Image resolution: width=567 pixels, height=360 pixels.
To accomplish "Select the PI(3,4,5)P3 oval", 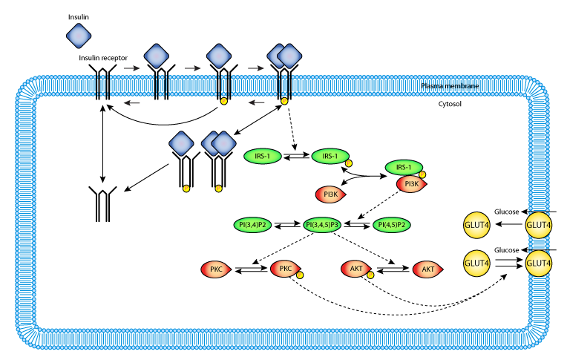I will [x=322, y=225].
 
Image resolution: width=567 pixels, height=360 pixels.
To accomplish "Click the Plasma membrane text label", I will [x=450, y=87].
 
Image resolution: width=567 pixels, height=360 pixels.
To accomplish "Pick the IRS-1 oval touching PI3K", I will [x=404, y=168].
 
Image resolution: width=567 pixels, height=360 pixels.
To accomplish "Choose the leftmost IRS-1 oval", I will [x=263, y=156].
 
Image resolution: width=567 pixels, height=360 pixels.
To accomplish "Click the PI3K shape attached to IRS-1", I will [x=410, y=184].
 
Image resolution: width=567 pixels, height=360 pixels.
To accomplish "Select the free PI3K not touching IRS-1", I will [x=330, y=194].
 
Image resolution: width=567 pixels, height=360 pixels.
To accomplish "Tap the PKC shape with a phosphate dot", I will [x=284, y=269].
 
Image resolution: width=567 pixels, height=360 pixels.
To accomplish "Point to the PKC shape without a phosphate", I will [x=215, y=269].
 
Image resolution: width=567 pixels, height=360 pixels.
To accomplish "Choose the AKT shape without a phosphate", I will [x=427, y=269].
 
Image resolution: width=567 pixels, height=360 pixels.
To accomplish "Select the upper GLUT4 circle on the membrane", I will [x=539, y=225].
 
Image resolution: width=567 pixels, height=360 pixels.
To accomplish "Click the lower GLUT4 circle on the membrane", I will [x=539, y=264].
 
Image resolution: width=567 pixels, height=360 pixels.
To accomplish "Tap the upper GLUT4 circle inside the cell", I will [x=476, y=225].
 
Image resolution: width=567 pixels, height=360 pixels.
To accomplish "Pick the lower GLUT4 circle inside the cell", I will [x=476, y=264].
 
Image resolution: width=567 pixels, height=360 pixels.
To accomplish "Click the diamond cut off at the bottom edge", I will [x=79, y=353].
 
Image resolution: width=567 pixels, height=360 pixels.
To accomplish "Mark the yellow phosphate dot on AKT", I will [x=370, y=275].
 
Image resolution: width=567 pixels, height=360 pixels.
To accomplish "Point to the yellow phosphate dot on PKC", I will [x=300, y=275].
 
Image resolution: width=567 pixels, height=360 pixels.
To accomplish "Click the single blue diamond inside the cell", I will [x=181, y=143].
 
